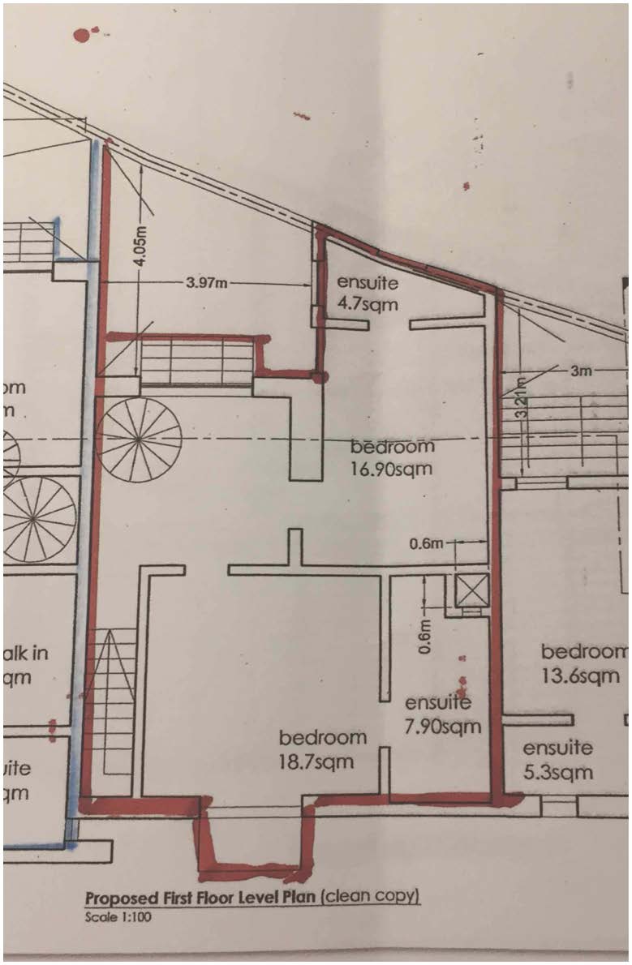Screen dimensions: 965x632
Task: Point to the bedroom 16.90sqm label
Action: point(393,457)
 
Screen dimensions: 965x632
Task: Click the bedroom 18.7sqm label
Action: point(322,749)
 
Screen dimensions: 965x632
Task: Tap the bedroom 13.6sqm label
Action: point(583,663)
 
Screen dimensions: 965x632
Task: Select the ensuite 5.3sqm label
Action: point(557,760)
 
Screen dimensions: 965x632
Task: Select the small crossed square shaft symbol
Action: point(472,590)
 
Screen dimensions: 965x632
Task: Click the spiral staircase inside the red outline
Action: point(140,439)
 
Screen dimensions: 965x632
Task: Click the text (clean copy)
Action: point(371,898)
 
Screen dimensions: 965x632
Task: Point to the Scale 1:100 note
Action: point(118,918)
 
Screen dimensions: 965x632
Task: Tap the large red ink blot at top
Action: point(81,34)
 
